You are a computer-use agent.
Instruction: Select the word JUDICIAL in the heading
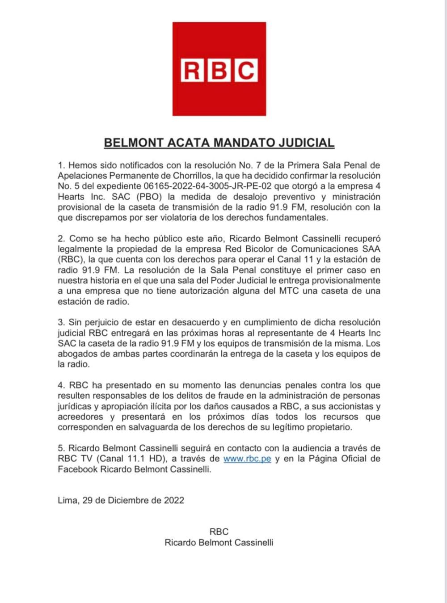[x=307, y=143]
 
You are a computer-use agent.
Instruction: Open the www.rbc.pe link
[x=247, y=459]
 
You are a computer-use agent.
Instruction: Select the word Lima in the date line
[x=67, y=501]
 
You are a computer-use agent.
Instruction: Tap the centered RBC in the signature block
[x=219, y=532]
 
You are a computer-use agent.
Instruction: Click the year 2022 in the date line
[x=174, y=501]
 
